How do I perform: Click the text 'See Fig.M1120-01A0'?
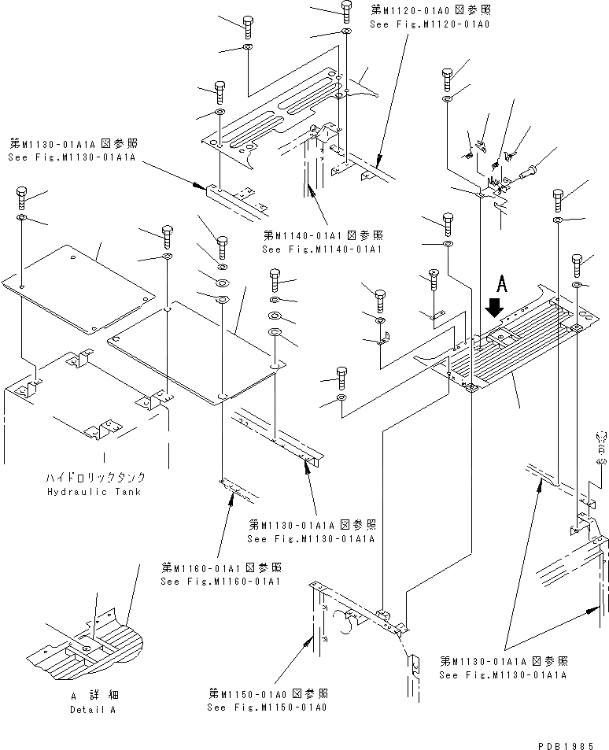pos(430,24)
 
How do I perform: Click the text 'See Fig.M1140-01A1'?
pos(322,249)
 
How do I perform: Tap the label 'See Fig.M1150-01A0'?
pos(267,707)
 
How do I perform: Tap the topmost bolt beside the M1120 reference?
pos(347,10)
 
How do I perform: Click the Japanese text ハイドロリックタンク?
pos(95,478)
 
